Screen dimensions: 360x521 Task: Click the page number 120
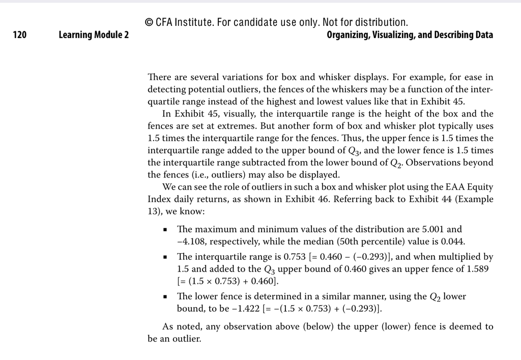[x=19, y=35]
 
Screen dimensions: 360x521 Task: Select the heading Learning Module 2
[x=94, y=35]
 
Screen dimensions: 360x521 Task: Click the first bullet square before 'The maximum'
[x=165, y=230]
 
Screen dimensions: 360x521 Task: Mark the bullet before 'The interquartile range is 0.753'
[x=165, y=257]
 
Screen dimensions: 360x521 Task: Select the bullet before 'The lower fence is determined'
[x=165, y=297]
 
